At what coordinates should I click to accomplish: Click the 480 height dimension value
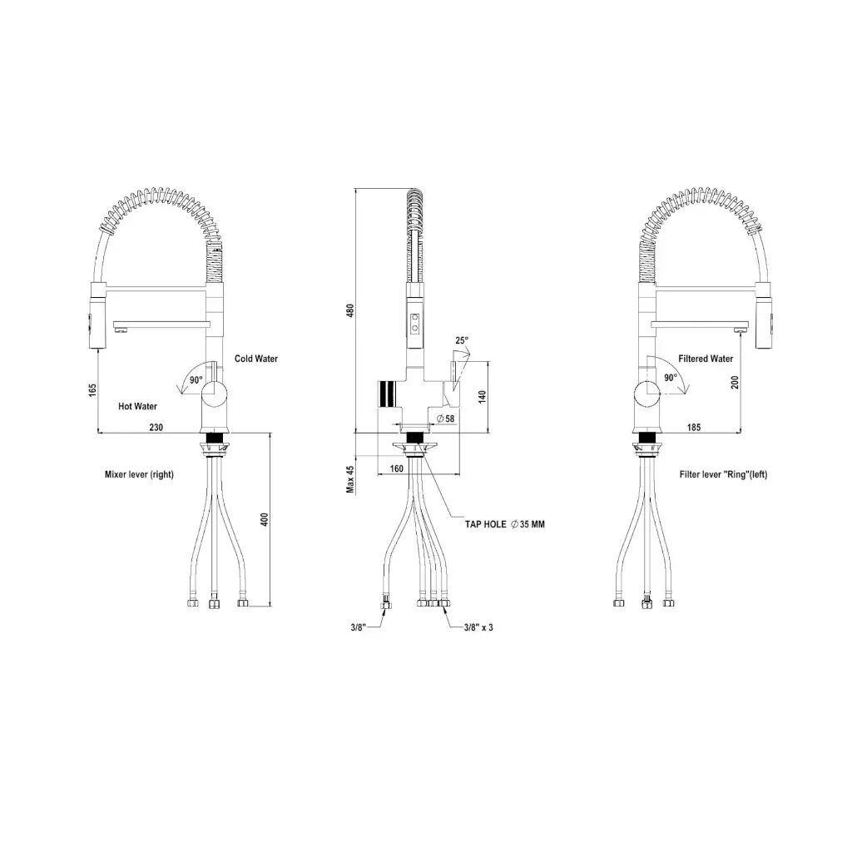pyautogui.click(x=350, y=311)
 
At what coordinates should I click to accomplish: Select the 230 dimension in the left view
pyautogui.click(x=156, y=427)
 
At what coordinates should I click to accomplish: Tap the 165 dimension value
pyautogui.click(x=92, y=390)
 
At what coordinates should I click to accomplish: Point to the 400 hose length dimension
pyautogui.click(x=265, y=519)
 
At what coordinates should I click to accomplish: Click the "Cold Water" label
pyautogui.click(x=256, y=359)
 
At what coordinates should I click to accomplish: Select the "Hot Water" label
pyautogui.click(x=137, y=406)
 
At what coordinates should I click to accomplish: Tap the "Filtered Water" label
pyautogui.click(x=706, y=359)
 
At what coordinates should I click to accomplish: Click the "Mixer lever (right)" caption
pyautogui.click(x=139, y=474)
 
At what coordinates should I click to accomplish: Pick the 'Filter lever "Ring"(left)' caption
pyautogui.click(x=723, y=474)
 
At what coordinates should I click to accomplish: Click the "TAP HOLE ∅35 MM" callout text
pyautogui.click(x=505, y=524)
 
